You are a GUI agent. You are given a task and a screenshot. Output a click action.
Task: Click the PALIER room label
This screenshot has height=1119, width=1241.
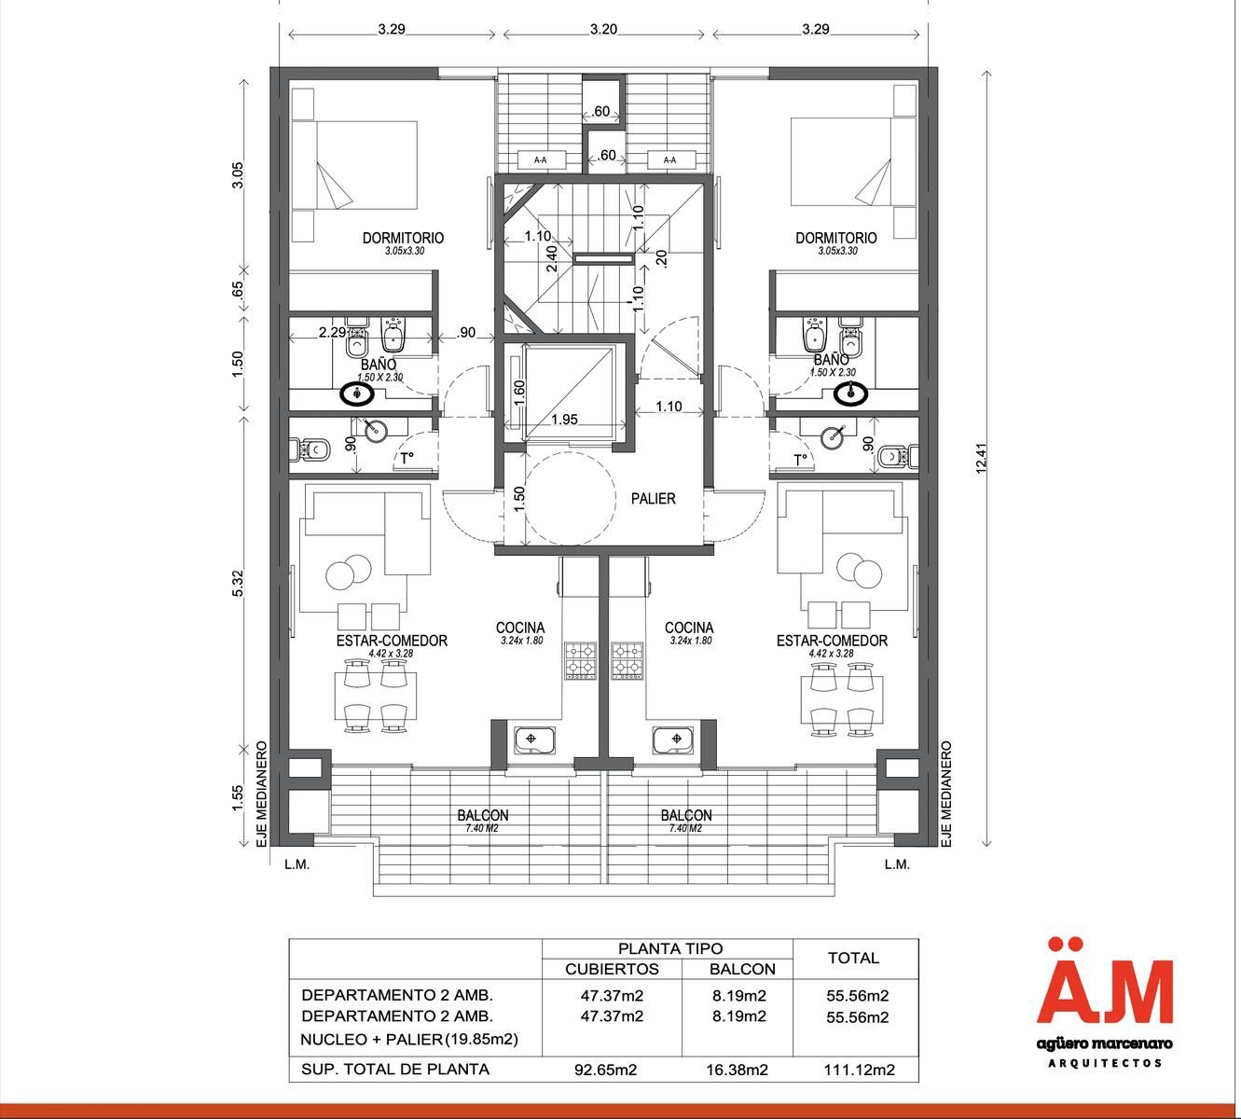point(653,498)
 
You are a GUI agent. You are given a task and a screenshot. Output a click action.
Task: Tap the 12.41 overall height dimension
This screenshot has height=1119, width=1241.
point(981,458)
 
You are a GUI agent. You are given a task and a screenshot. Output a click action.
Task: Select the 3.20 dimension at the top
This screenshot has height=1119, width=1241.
point(603,29)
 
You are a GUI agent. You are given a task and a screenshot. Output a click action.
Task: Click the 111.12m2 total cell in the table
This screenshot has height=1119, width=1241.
point(859,1070)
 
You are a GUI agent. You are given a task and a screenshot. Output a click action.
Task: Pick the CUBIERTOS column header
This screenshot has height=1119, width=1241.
point(612,969)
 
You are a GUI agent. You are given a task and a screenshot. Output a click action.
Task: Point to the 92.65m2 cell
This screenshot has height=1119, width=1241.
point(605,1070)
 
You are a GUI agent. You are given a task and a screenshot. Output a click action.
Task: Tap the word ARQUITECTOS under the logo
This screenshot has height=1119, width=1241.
point(1105,1063)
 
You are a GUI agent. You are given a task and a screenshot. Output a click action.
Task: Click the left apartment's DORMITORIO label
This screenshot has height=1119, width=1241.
point(403,238)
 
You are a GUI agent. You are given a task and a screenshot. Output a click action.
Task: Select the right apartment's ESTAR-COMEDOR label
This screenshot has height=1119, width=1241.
point(832,641)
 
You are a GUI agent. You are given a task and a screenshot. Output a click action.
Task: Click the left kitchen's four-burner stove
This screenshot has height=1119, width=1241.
point(580,661)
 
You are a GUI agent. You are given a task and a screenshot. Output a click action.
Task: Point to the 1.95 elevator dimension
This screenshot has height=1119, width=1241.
point(564,419)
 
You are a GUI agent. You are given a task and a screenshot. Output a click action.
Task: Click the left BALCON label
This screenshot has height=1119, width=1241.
point(483,815)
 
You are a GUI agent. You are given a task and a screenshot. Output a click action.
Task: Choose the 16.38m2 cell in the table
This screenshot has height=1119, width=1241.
point(737,1070)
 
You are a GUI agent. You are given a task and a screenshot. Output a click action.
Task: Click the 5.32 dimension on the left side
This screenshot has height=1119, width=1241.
point(238,583)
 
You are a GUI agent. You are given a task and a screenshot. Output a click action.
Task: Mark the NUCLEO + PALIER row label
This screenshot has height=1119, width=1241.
point(409,1039)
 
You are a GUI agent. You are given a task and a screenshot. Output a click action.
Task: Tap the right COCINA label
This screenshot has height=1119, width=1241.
point(688,628)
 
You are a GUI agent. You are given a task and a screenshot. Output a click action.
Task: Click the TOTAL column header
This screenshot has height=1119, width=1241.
point(853,958)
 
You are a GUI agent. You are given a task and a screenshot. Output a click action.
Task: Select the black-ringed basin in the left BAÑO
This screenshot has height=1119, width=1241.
point(357,394)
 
